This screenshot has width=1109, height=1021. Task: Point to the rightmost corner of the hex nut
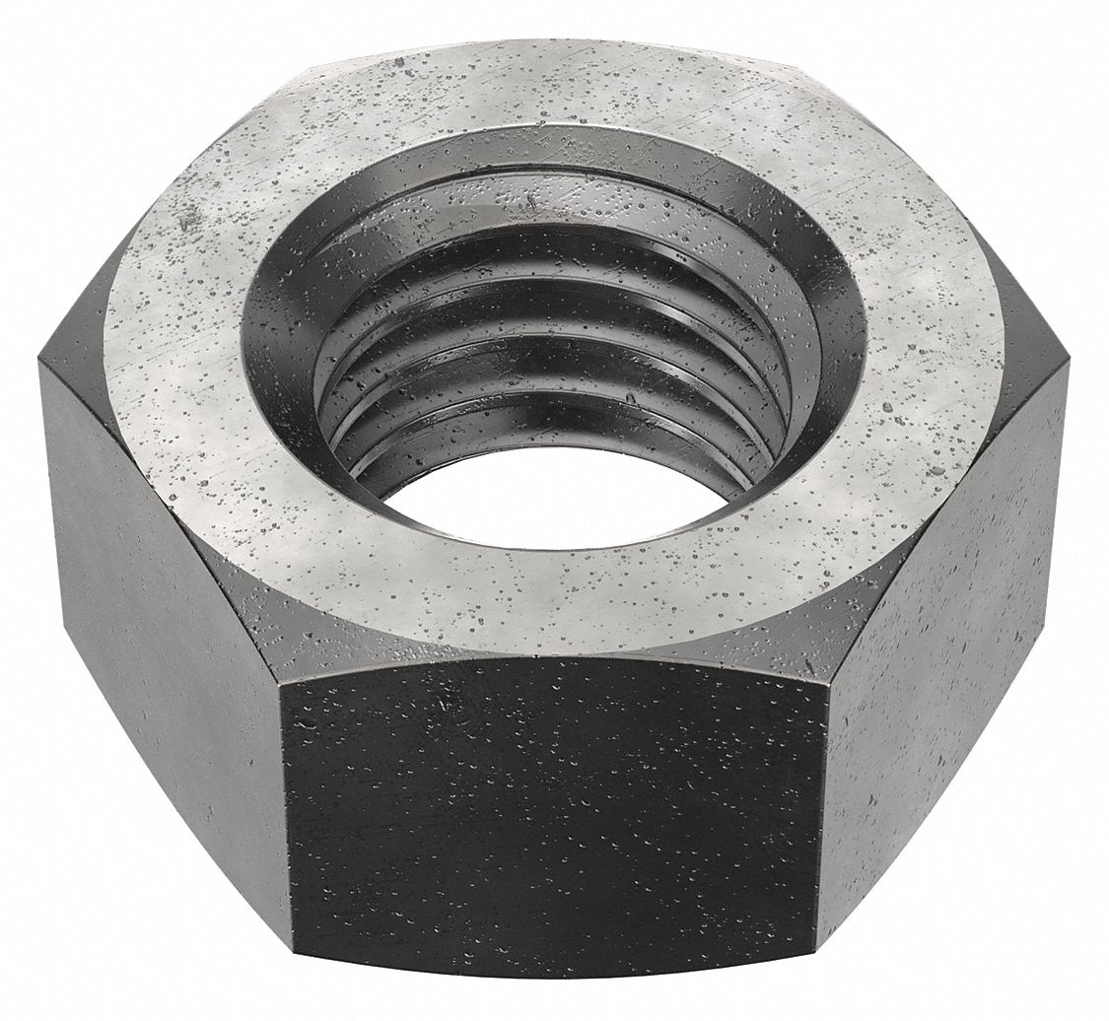pyautogui.click(x=1072, y=367)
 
